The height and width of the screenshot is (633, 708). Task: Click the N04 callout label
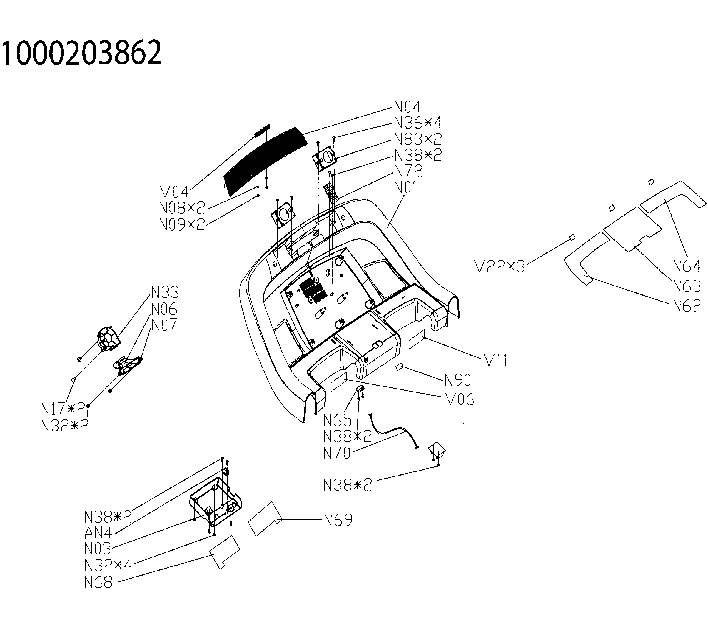click(x=407, y=107)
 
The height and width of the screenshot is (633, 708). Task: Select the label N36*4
click(x=418, y=123)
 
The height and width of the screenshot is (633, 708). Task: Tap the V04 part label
click(x=174, y=192)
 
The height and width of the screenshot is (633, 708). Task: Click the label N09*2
click(x=182, y=225)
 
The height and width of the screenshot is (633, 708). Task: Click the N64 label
click(x=686, y=266)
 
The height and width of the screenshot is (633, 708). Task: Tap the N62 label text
click(x=686, y=306)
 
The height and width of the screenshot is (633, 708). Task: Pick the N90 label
click(x=457, y=380)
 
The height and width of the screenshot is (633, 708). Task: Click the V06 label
click(x=460, y=400)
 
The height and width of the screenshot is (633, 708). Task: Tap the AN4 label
click(x=98, y=532)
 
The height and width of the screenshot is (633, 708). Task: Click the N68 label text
click(x=98, y=582)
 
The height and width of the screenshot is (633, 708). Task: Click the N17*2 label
click(x=63, y=409)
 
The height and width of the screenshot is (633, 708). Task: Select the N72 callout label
click(x=408, y=171)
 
